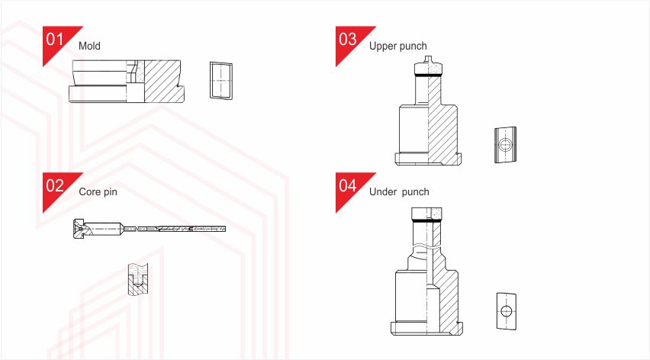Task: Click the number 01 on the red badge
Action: coord(55,39)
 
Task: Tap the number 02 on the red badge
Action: coord(55,185)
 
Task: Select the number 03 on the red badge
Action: coord(347,39)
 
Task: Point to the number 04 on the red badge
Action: coord(347,185)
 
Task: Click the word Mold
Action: coord(89,46)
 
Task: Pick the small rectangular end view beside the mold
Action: coord(221,81)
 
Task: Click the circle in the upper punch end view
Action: coord(505,145)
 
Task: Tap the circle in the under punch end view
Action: coord(506,310)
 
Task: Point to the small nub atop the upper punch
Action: coord(428,59)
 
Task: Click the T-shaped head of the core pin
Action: coord(79,229)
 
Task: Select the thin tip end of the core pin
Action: coord(223,229)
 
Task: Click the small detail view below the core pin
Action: coord(138,279)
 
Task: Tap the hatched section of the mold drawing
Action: coord(162,81)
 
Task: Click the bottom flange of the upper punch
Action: coord(428,159)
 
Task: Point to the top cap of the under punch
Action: coord(426,214)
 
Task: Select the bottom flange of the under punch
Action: coord(426,328)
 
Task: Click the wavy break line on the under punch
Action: coord(426,248)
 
